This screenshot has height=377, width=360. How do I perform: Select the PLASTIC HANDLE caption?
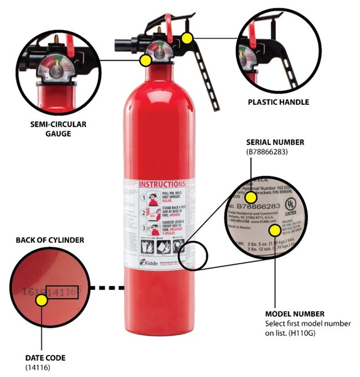click(278, 102)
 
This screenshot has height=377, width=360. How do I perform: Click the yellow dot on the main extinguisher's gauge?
click(144, 60)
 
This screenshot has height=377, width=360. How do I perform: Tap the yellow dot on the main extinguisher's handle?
click(187, 38)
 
